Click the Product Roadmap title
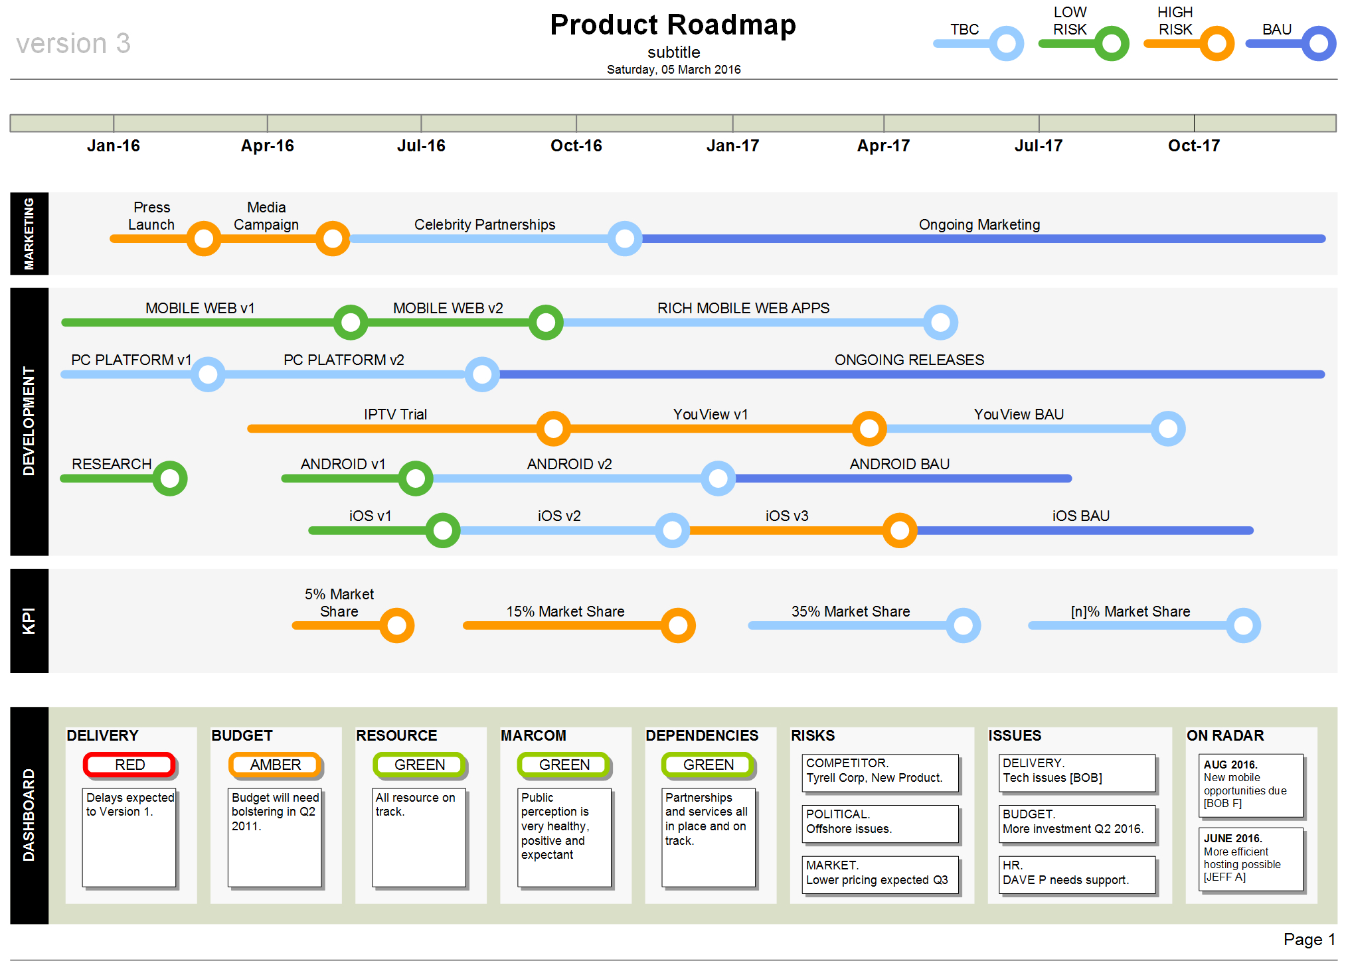(x=673, y=25)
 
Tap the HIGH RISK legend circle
(x=1217, y=44)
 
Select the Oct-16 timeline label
(x=576, y=146)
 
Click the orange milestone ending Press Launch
(x=203, y=238)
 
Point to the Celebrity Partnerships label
(x=485, y=225)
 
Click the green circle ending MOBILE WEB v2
(x=546, y=323)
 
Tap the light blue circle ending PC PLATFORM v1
(x=208, y=374)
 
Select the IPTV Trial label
(x=395, y=414)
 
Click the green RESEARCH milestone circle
(x=170, y=479)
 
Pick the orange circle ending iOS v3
(x=899, y=530)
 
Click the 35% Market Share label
(x=850, y=611)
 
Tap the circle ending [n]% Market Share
(x=1243, y=625)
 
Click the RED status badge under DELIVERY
(x=129, y=765)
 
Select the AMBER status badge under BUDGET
(x=275, y=765)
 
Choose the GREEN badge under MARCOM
(x=564, y=765)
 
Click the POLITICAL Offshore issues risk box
(x=880, y=822)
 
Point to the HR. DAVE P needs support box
(x=1077, y=873)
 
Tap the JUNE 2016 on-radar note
(x=1250, y=857)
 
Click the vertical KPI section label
(x=29, y=621)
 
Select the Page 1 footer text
(x=1309, y=939)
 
